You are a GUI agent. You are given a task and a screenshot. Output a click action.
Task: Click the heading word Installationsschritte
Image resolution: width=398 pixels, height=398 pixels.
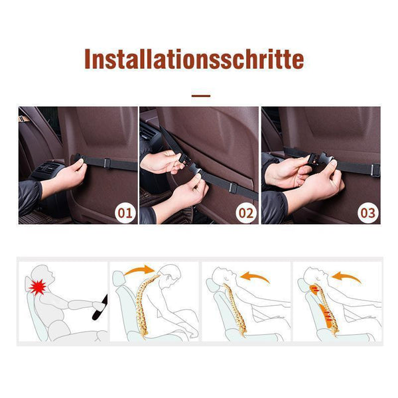(x=194, y=59)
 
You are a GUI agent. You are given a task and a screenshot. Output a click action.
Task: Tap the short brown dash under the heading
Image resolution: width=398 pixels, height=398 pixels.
(x=201, y=96)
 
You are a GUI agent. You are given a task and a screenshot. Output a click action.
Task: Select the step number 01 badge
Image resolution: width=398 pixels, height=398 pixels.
(x=125, y=213)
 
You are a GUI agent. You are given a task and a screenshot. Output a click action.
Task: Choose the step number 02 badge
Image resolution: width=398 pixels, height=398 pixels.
(x=246, y=213)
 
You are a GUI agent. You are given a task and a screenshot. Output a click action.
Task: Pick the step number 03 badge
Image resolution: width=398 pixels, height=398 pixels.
(x=367, y=213)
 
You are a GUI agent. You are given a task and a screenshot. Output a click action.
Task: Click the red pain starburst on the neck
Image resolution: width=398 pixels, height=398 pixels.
(x=38, y=287)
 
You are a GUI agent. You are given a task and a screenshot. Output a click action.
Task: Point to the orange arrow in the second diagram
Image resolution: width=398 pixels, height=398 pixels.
(x=140, y=271)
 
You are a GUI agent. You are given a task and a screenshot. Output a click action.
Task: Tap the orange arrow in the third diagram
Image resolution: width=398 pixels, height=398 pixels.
(x=255, y=277)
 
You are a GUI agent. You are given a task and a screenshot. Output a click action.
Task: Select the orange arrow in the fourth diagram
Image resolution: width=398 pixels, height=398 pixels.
(x=346, y=277)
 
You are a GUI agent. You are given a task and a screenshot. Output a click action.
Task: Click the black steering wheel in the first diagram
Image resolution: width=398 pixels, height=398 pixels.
(x=100, y=308)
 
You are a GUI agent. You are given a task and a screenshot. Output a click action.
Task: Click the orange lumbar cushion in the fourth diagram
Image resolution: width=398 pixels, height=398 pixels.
(x=326, y=316)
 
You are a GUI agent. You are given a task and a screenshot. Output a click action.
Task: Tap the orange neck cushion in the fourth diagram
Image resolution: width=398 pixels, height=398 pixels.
(x=314, y=290)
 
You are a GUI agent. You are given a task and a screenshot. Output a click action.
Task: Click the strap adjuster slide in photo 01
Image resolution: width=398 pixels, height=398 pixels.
(x=107, y=163)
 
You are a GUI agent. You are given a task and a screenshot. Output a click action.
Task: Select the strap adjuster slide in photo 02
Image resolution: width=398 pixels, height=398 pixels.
(x=233, y=188)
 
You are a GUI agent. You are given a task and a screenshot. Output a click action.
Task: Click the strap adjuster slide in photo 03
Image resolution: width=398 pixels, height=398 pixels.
(x=375, y=170)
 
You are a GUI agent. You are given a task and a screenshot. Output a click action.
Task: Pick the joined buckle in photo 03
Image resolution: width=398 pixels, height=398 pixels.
(x=322, y=160)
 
